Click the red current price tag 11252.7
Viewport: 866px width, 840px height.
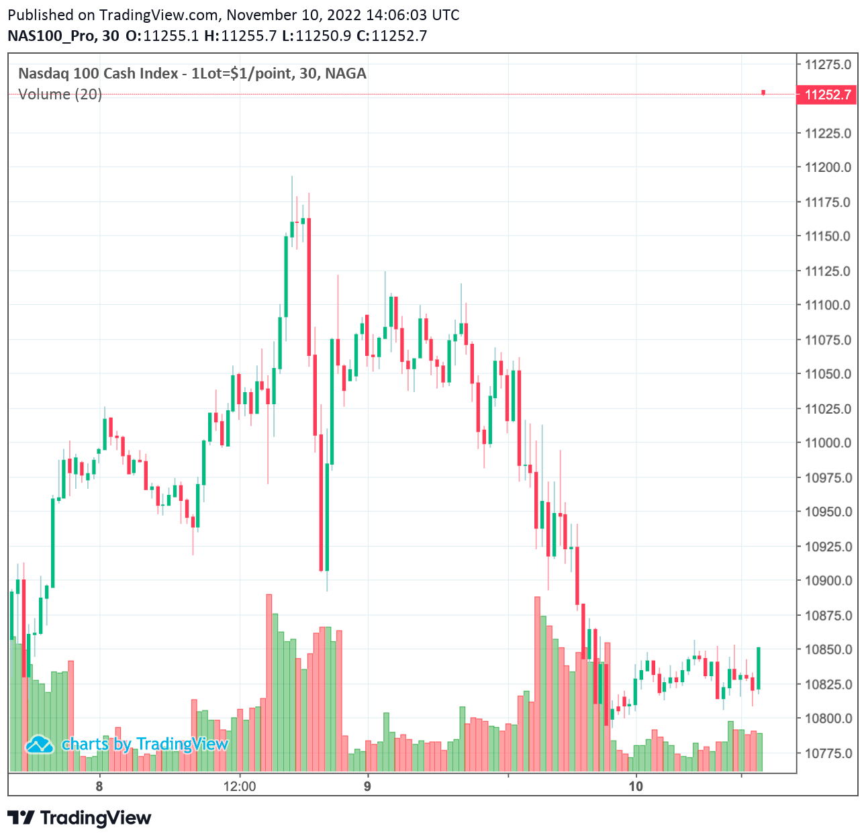pyautogui.click(x=828, y=95)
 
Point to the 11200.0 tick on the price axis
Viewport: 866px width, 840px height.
pyautogui.click(x=828, y=167)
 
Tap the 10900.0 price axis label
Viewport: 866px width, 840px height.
pyautogui.click(x=828, y=581)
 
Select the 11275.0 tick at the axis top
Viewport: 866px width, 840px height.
pyautogui.click(x=828, y=64)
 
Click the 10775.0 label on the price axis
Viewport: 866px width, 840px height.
pyautogui.click(x=828, y=753)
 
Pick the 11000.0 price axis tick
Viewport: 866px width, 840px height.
pyautogui.click(x=828, y=443)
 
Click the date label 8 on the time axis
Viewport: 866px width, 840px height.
pyautogui.click(x=99, y=786)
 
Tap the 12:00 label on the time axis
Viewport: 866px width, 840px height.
pyautogui.click(x=240, y=786)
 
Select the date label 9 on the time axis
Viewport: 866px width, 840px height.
pyautogui.click(x=367, y=786)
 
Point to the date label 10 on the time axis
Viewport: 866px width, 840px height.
pyautogui.click(x=636, y=786)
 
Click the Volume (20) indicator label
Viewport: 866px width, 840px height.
pyautogui.click(x=60, y=94)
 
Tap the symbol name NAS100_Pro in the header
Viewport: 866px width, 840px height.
pyautogui.click(x=50, y=36)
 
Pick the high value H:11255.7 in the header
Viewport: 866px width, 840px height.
pyautogui.click(x=240, y=36)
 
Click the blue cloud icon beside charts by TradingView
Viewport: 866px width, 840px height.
pyautogui.click(x=40, y=744)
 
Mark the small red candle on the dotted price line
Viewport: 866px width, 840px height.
pyautogui.click(x=763, y=93)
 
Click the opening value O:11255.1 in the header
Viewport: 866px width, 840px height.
pyautogui.click(x=162, y=36)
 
